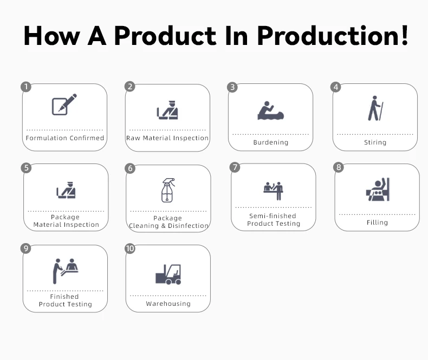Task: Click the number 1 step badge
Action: [26, 87]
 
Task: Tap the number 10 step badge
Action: [130, 248]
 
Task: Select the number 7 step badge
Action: [235, 167]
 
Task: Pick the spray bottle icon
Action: [168, 190]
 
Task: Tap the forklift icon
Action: [168, 274]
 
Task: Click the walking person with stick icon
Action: [375, 108]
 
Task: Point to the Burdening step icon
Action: [270, 110]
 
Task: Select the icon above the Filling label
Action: [378, 189]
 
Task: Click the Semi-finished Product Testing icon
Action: [273, 191]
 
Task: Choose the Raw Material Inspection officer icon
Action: [167, 110]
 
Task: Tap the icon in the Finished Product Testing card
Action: [66, 271]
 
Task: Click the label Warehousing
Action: [168, 304]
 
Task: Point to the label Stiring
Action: [375, 142]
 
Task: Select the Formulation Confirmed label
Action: [65, 138]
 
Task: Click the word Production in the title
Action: [329, 35]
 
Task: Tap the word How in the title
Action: [52, 35]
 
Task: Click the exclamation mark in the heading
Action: [405, 35]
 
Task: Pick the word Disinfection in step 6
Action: [188, 226]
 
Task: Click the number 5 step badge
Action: [26, 167]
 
